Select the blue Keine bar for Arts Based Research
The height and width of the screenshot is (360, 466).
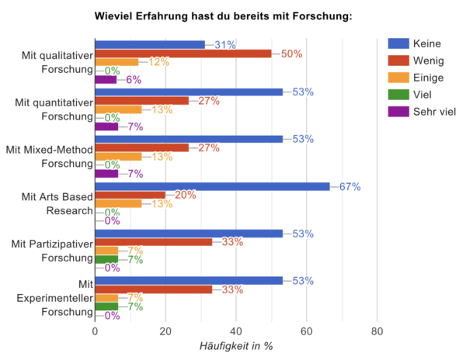coord(212,186)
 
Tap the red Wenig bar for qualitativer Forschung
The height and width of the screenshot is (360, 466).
coord(183,54)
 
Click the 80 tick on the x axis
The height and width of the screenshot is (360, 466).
coord(377,333)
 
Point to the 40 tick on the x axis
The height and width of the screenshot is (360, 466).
coord(236,333)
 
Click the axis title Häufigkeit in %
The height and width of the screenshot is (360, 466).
coord(236,347)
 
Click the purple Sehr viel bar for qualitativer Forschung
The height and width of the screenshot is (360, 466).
coord(105,79)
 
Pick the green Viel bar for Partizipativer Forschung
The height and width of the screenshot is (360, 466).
coord(106,259)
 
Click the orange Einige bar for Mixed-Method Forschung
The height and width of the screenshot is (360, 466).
coord(118,156)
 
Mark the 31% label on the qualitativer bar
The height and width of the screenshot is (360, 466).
coord(225,45)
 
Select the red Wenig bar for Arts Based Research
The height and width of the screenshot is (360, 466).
coord(130,195)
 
